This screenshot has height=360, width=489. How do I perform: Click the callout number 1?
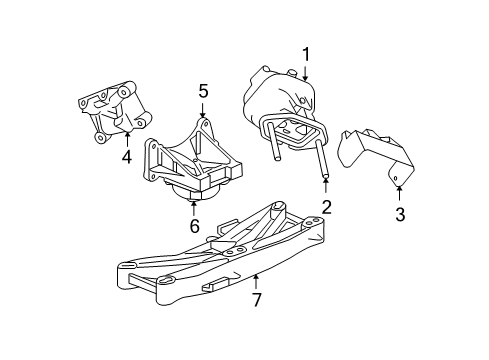[x=307, y=55]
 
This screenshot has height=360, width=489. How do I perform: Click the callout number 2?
[x=325, y=206]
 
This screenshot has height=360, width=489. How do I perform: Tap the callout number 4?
[x=127, y=156]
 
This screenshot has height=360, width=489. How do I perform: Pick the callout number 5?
[x=203, y=91]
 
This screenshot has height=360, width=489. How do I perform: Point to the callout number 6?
[x=194, y=226]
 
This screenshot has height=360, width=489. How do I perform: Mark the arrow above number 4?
[x=127, y=138]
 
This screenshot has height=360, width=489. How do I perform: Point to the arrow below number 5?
[x=203, y=110]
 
